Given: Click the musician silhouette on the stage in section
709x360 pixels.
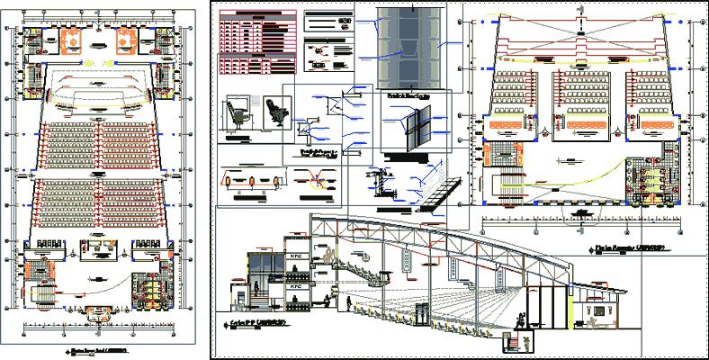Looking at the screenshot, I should pos(521,318).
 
